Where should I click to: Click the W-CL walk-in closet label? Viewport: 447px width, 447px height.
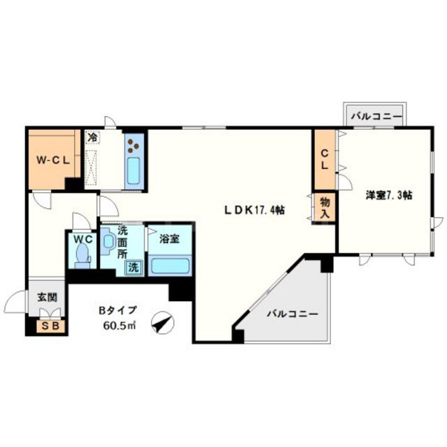pyautogui.click(x=52, y=160)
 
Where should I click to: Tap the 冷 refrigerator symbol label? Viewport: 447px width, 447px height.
pyautogui.click(x=91, y=137)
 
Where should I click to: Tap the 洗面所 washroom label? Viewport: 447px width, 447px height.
pyautogui.click(x=122, y=242)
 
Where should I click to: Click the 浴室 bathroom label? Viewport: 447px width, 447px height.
pyautogui.click(x=169, y=239)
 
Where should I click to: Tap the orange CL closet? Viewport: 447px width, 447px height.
pyautogui.click(x=324, y=160)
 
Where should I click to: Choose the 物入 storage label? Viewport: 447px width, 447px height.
pyautogui.click(x=325, y=207)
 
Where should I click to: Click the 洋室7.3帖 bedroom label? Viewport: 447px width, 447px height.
pyautogui.click(x=388, y=196)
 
